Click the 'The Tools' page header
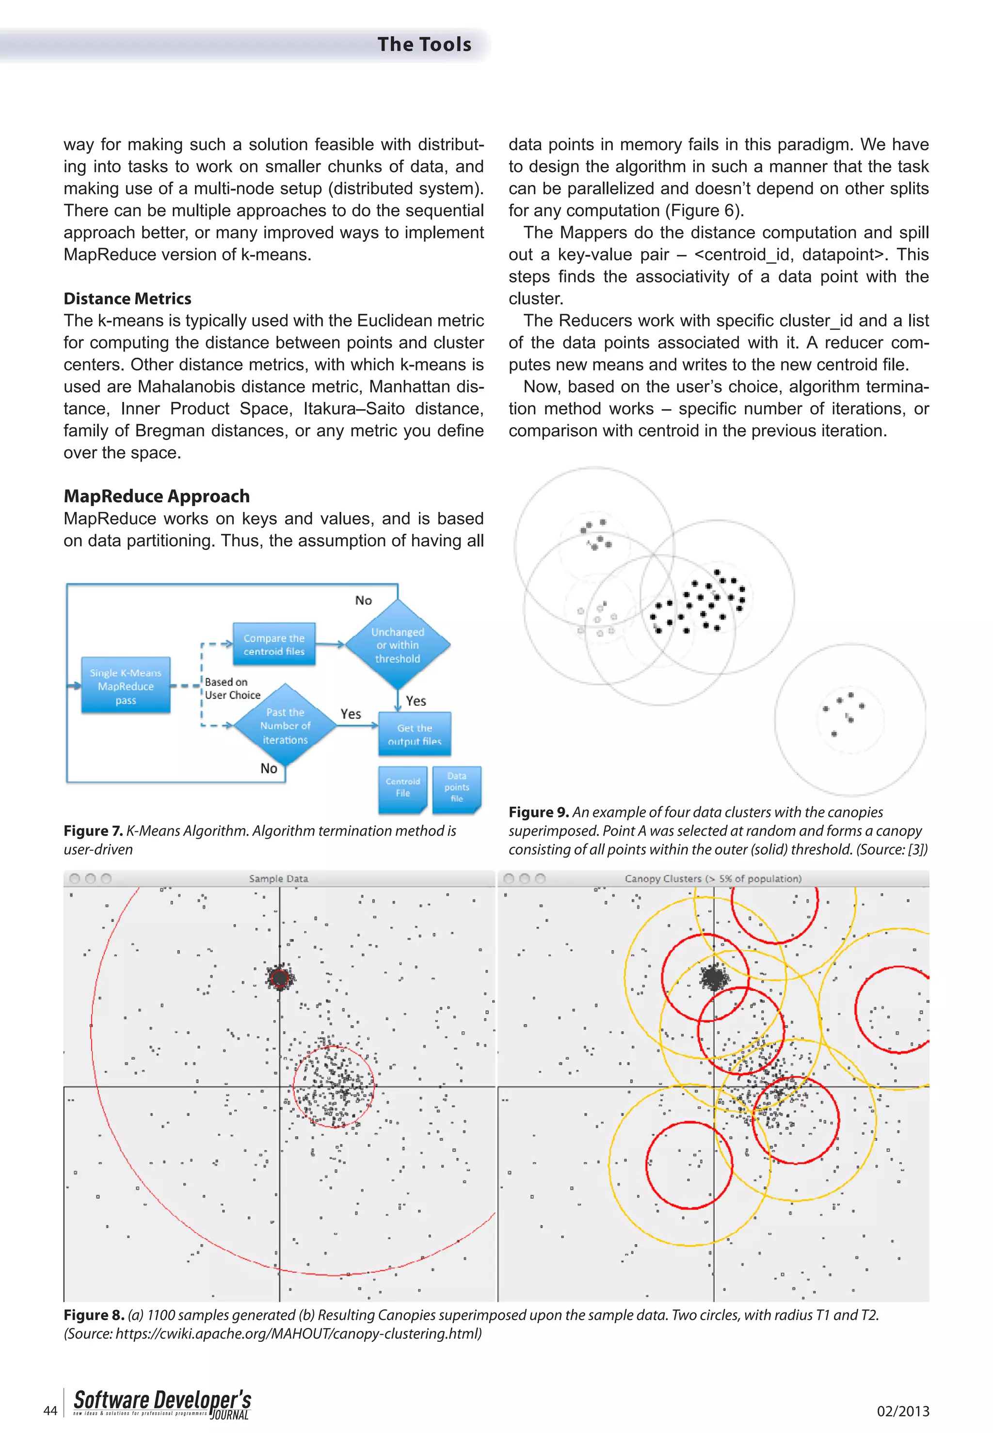point(424,44)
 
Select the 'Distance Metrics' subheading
point(127,299)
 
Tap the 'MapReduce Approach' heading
point(156,496)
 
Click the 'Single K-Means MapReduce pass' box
point(126,685)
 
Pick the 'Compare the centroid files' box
point(274,644)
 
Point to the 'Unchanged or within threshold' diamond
point(398,645)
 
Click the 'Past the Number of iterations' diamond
point(285,725)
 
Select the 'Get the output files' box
point(415,734)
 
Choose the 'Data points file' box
point(457,787)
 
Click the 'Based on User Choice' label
point(232,688)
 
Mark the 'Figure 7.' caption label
point(93,831)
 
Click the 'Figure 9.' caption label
point(538,812)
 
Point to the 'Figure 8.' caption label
point(93,1315)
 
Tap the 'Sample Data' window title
point(278,878)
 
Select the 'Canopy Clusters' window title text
point(712,878)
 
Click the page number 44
point(50,1410)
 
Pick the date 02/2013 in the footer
point(902,1411)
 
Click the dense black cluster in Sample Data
point(280,978)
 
